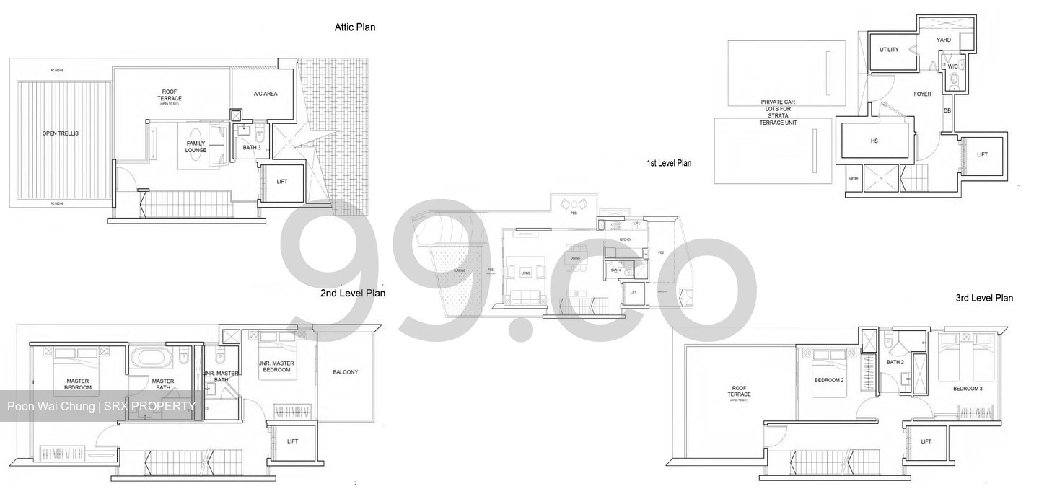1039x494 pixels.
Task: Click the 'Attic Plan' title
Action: coord(354,27)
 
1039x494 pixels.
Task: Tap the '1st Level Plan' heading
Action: coord(668,163)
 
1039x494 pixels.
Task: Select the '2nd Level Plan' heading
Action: coord(352,293)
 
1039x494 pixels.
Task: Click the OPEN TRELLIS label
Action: coord(61,133)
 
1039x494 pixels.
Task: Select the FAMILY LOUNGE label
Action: coord(196,146)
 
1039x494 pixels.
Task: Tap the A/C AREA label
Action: coord(265,94)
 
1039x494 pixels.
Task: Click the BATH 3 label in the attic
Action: coord(251,147)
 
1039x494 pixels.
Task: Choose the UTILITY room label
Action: coord(889,50)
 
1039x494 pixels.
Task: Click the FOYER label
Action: coord(922,94)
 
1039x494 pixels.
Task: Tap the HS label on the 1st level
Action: coord(874,141)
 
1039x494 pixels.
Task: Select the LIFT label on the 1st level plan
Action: coord(982,154)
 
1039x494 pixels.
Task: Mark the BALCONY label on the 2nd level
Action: coord(345,372)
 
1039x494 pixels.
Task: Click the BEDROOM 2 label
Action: coord(828,379)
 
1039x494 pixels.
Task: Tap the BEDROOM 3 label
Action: coord(967,388)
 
